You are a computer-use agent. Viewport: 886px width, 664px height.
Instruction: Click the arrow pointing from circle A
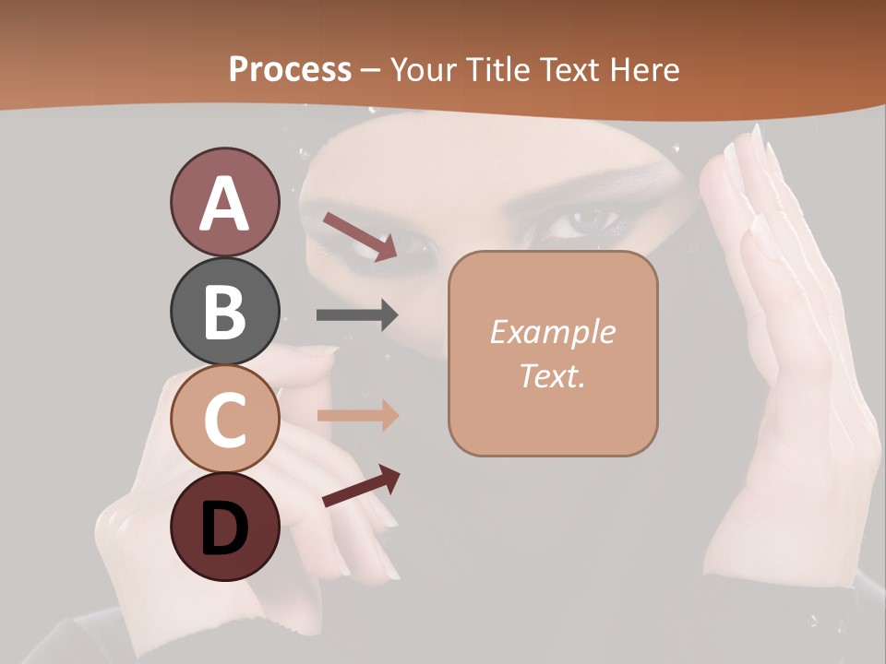tap(360, 236)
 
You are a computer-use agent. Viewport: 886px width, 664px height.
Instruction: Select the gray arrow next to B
tap(357, 315)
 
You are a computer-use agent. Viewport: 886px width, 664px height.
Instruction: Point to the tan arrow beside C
tap(358, 416)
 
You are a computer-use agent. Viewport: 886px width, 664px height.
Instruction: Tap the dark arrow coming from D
tap(362, 486)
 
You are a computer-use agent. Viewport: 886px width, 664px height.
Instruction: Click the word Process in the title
tap(290, 70)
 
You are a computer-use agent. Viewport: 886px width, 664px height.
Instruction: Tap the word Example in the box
tap(552, 332)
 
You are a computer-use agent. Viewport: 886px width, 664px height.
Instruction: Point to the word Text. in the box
tap(552, 376)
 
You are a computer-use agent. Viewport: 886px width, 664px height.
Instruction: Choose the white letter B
tap(224, 312)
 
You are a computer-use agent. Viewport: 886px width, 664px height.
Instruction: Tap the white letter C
tap(224, 420)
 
